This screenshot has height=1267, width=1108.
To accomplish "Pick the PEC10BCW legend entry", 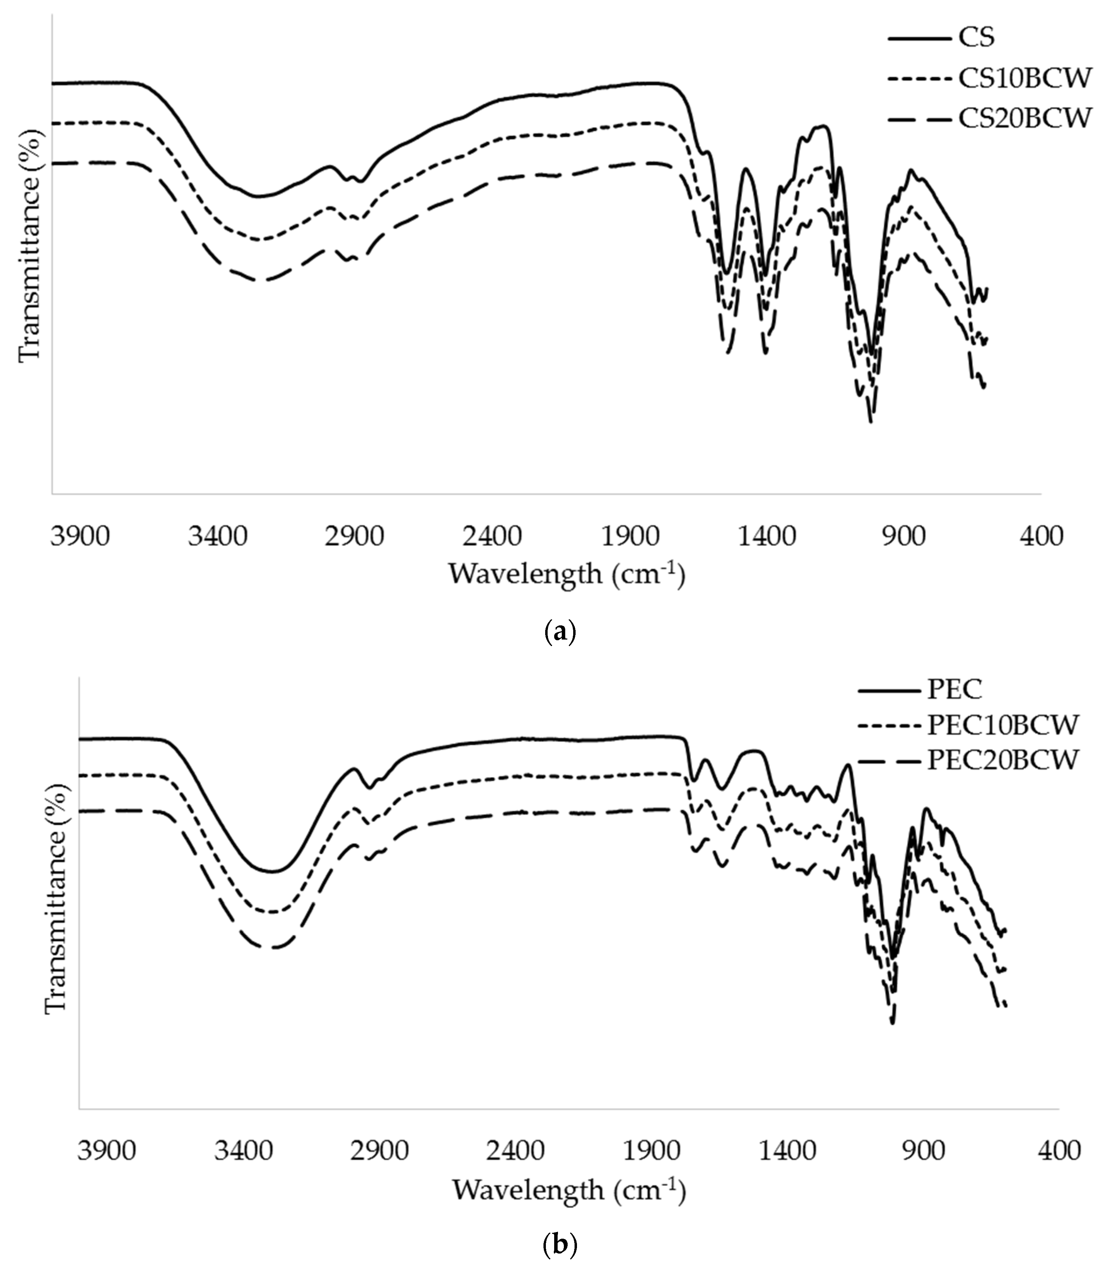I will [x=1003, y=725].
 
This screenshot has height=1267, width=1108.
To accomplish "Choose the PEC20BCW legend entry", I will [x=1003, y=760].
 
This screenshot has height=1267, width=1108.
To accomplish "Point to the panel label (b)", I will [x=560, y=1243].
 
